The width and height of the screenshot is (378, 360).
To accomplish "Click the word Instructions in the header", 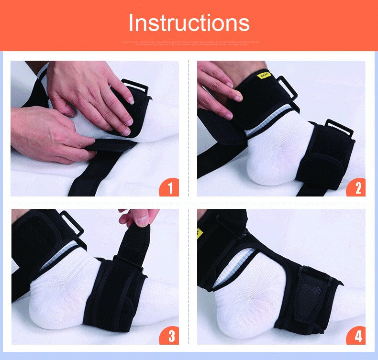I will pos(189,22).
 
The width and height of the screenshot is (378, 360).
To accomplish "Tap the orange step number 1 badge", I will pos(169,187).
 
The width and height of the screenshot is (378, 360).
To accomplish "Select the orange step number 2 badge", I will pos(356,187).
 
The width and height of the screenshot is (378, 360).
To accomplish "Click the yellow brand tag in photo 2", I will pos(264,76).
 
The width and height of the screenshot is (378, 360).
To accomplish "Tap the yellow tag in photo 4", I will pos(200,233).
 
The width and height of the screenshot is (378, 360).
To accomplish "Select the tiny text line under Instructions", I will pos(189,43).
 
